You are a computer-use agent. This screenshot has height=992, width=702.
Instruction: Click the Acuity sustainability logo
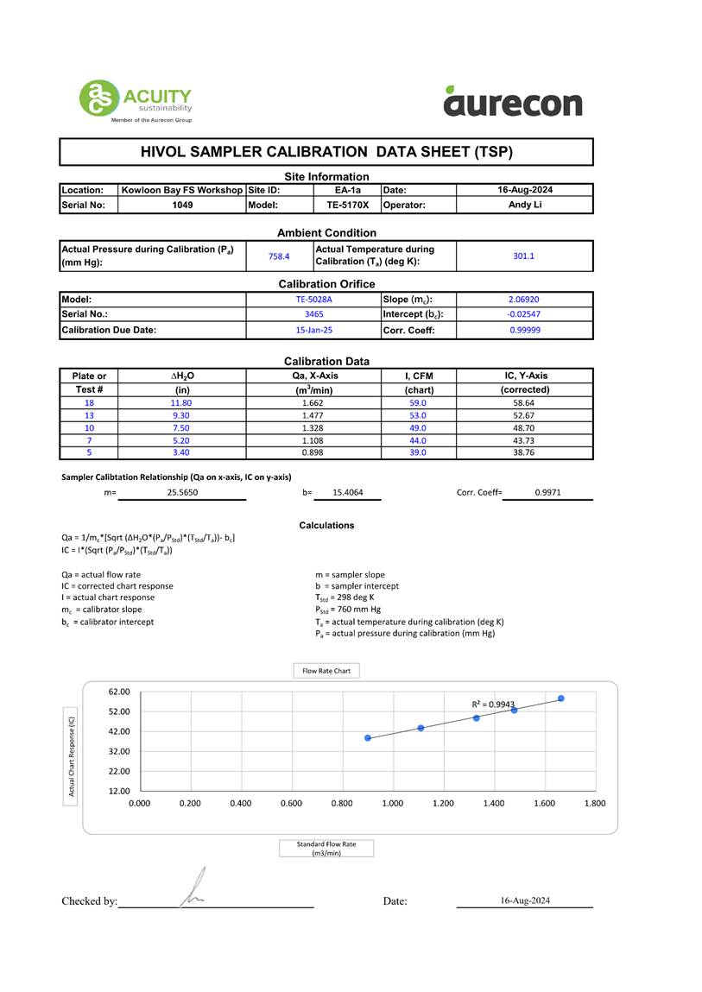(135, 101)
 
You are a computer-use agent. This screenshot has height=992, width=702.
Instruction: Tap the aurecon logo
(513, 102)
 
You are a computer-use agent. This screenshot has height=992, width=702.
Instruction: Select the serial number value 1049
(182, 205)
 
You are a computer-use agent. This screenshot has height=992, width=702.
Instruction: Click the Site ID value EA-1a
(348, 190)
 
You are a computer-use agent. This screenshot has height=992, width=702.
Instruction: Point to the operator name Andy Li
(524, 205)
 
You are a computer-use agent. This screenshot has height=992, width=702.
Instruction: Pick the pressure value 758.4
(279, 256)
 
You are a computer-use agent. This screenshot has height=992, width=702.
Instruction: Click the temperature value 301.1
(524, 256)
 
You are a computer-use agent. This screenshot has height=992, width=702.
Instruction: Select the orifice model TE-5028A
(313, 300)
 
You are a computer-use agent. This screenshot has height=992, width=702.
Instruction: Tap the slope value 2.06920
(524, 300)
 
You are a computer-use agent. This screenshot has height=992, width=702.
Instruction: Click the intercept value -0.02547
(524, 315)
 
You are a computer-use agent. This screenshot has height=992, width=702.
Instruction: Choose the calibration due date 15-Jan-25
(313, 330)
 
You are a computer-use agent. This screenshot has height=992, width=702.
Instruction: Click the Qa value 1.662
(313, 403)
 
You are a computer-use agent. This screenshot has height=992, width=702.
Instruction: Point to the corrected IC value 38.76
(524, 452)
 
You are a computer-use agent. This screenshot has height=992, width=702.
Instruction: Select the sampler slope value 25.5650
(182, 492)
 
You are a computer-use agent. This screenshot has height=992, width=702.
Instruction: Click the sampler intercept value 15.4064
(345, 492)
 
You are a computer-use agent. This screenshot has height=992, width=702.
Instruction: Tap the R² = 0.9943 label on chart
(493, 705)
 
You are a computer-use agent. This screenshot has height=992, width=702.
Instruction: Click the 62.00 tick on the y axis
(119, 692)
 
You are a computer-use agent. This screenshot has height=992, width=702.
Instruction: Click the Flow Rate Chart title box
(326, 671)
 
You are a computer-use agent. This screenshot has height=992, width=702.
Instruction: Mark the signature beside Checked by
(193, 891)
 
